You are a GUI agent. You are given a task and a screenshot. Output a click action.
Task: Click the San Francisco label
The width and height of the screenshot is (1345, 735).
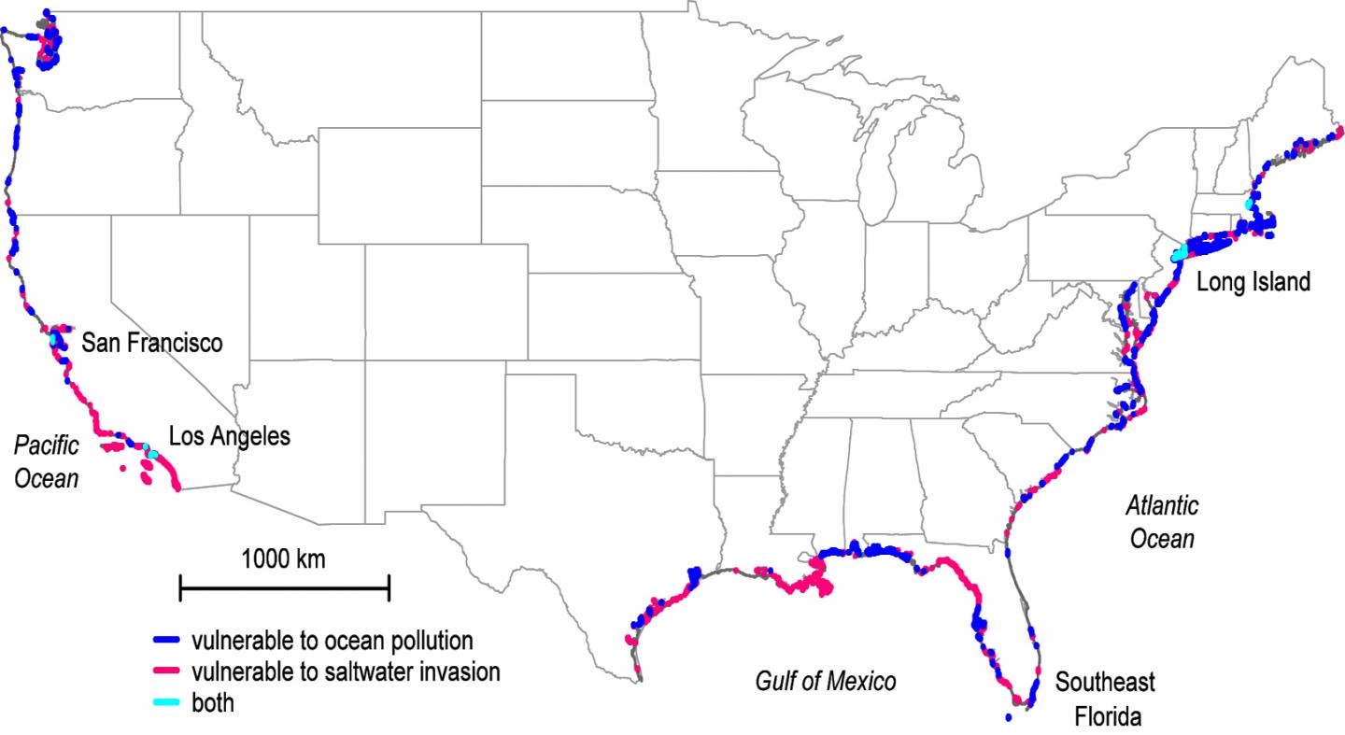tap(152, 343)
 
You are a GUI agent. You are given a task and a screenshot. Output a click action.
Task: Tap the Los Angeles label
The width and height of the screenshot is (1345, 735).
tap(229, 436)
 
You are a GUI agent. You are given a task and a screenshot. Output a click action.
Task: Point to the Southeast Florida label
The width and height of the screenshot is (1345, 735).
tap(1105, 699)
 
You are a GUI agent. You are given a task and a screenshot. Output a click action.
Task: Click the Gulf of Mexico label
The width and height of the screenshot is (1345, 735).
tap(825, 682)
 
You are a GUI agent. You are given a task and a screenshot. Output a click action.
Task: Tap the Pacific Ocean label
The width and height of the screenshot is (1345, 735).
tap(47, 462)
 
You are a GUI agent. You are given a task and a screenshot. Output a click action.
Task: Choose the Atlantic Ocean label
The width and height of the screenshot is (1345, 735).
tap(1162, 522)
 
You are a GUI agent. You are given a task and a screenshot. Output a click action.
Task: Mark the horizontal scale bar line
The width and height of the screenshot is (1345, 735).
tap(284, 588)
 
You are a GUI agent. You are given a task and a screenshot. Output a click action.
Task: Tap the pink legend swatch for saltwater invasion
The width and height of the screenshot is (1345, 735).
tap(167, 671)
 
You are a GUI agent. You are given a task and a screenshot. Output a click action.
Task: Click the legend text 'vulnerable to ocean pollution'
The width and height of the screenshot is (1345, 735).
tap(332, 643)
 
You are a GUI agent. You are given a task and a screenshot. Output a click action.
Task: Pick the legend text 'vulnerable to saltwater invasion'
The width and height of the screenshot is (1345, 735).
tap(345, 672)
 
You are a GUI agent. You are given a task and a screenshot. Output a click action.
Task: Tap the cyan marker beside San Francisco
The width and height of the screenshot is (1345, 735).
tap(53, 341)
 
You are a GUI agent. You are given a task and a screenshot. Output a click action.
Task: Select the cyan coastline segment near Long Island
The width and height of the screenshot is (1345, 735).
tap(1182, 252)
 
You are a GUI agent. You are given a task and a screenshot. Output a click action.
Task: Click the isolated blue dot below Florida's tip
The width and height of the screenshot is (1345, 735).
tap(1009, 718)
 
